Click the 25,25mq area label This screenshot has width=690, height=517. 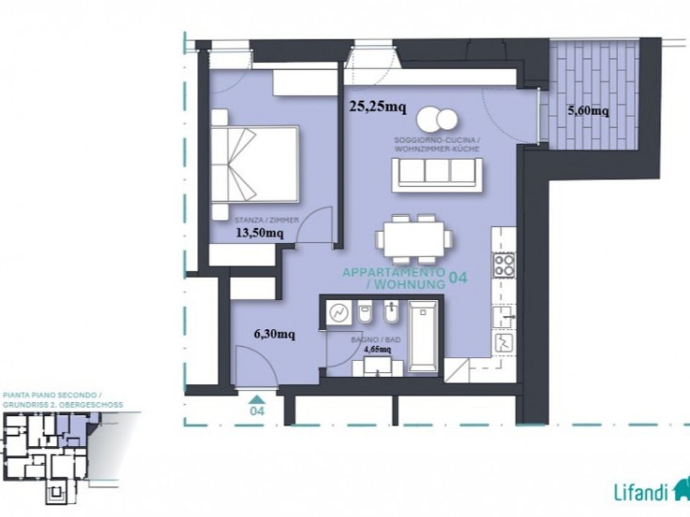click(x=377, y=106)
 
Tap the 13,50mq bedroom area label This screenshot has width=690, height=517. click(x=259, y=233)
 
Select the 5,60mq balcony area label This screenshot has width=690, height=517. click(x=589, y=111)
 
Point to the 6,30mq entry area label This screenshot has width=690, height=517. click(x=275, y=334)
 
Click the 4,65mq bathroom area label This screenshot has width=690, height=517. click(x=377, y=350)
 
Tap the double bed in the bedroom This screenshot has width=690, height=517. click(x=254, y=164)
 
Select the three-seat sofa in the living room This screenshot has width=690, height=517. click(x=437, y=174)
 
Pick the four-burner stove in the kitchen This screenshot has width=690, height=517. click(x=504, y=265)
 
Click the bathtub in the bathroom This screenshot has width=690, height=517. click(x=423, y=336)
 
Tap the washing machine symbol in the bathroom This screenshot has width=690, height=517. click(x=339, y=313)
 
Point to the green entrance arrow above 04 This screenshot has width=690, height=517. click(x=257, y=399)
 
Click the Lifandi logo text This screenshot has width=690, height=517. click(x=641, y=493)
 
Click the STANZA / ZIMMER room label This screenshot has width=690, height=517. click(x=267, y=220)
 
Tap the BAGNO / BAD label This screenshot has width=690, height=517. click(x=376, y=340)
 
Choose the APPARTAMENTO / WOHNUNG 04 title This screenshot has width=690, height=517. click(x=405, y=279)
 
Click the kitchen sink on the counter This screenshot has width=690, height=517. click(x=505, y=317)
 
